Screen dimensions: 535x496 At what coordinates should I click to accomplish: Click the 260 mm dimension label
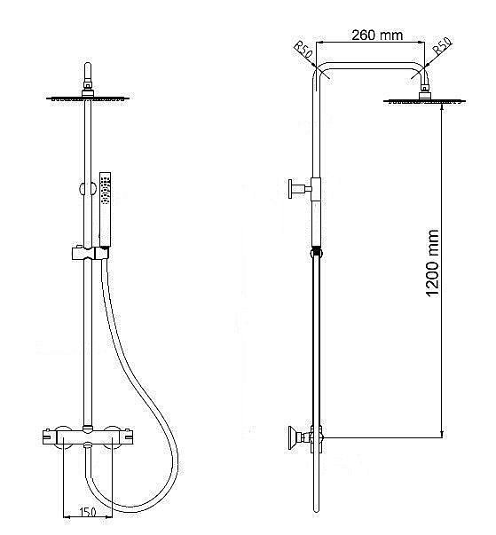377,36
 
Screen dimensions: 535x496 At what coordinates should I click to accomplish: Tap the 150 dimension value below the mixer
88,512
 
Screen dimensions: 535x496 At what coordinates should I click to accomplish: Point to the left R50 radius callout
304,49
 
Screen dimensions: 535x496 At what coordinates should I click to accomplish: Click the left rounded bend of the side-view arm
322,74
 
